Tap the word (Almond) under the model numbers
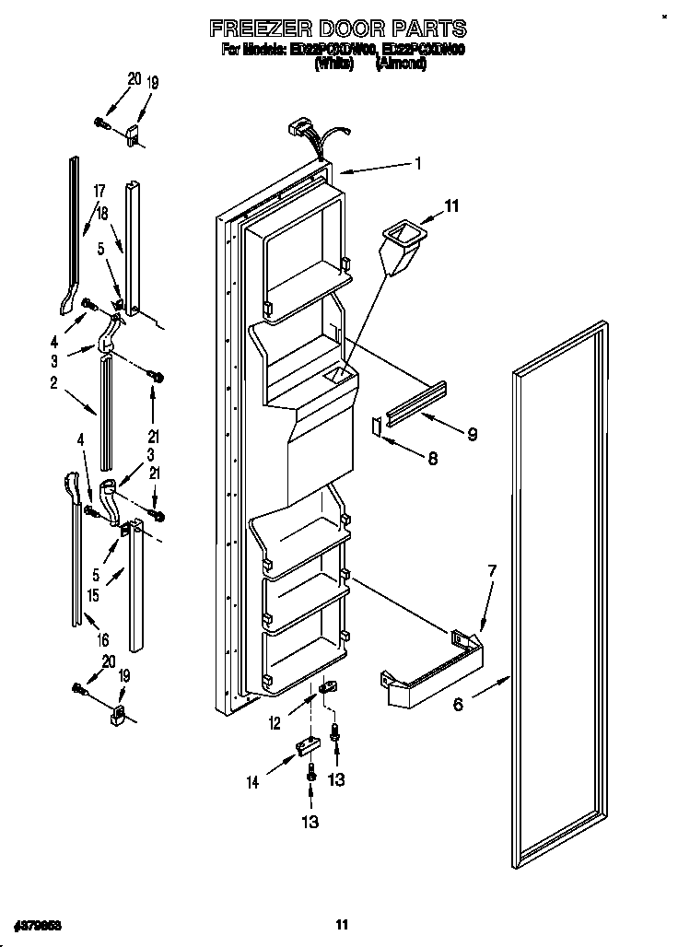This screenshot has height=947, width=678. click(401, 65)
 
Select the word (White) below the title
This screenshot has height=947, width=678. click(334, 65)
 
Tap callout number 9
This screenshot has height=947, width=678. click(472, 434)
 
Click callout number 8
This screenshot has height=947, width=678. click(432, 457)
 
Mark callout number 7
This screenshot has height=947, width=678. click(492, 572)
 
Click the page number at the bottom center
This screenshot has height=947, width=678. click(341, 925)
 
